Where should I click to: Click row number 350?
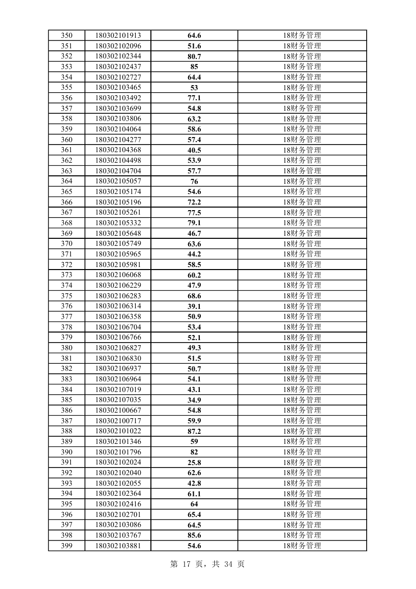click(x=66, y=35)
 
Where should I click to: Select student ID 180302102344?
click(x=118, y=56)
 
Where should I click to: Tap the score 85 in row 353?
click(x=194, y=67)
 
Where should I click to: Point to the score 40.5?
click(x=194, y=150)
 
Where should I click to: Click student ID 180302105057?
click(x=118, y=181)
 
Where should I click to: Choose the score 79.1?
click(x=194, y=223)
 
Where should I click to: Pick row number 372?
click(x=66, y=265)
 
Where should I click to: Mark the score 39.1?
click(x=194, y=306)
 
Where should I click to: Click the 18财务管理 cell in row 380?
click(x=302, y=348)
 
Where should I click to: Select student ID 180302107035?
click(x=118, y=400)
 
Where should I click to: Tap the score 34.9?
click(x=194, y=400)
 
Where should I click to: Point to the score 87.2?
click(x=194, y=431)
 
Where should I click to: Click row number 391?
click(x=66, y=463)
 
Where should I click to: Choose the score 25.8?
click(x=194, y=463)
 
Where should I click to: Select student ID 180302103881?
click(x=118, y=546)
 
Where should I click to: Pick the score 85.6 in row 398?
click(x=194, y=535)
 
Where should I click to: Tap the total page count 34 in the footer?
click(x=227, y=564)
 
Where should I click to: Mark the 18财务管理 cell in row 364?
click(x=302, y=181)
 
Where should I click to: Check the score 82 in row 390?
click(x=194, y=452)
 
